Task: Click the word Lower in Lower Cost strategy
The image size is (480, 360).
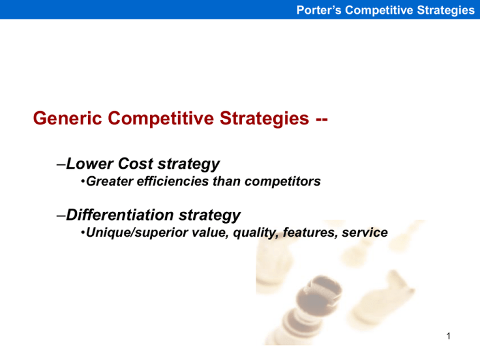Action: click(x=86, y=164)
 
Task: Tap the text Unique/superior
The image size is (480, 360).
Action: click(x=127, y=232)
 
